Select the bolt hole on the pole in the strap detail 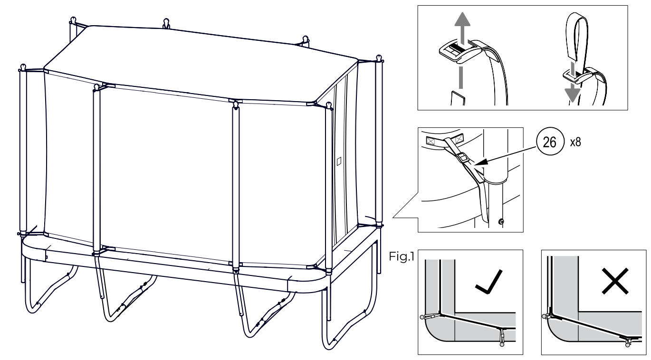click(x=501, y=222)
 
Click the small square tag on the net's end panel click(x=339, y=161)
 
